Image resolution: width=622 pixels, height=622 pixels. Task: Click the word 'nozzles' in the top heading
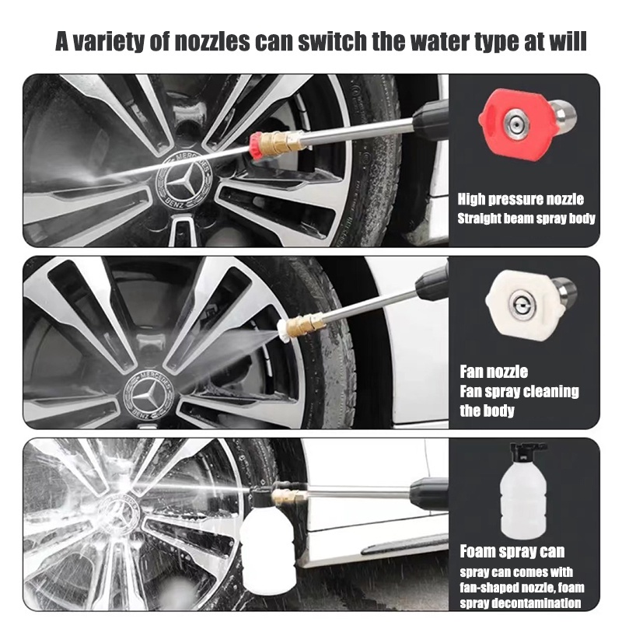[x=211, y=41]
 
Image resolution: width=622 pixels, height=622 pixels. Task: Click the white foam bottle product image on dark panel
[x=523, y=491]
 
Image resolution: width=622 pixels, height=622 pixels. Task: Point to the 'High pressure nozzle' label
[x=520, y=199]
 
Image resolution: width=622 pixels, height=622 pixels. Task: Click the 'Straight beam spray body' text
[x=526, y=218]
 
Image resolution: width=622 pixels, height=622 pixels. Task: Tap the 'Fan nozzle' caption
[x=494, y=372]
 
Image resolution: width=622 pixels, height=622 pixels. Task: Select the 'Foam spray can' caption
[x=512, y=551]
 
